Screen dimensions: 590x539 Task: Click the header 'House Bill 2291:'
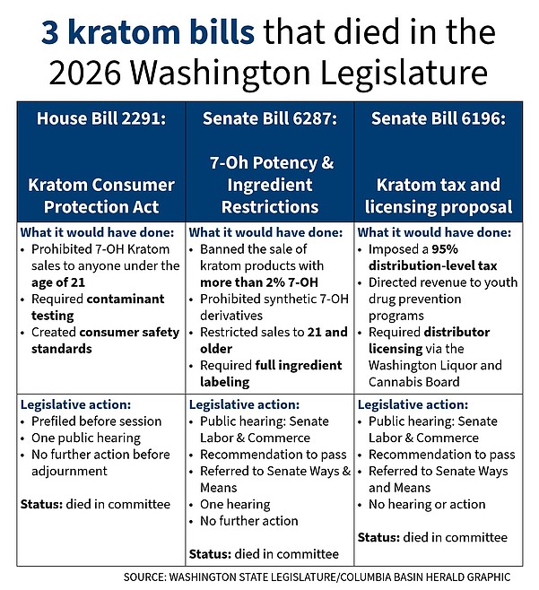pyautogui.click(x=100, y=119)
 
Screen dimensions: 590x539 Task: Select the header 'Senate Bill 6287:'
pyautogui.click(x=270, y=119)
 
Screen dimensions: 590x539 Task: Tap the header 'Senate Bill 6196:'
pyautogui.click(x=438, y=119)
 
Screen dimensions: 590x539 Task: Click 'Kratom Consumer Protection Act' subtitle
pyautogui.click(x=100, y=195)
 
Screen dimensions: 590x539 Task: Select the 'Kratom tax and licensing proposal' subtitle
pyautogui.click(x=438, y=195)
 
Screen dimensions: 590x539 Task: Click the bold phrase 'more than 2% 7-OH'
pyautogui.click(x=259, y=282)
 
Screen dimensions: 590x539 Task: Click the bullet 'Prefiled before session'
pyautogui.click(x=95, y=421)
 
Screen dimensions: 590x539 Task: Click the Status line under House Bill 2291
pyautogui.click(x=95, y=504)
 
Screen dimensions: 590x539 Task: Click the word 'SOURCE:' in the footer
pyautogui.click(x=148, y=577)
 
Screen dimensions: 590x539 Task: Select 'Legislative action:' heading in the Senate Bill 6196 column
pyautogui.click(x=413, y=404)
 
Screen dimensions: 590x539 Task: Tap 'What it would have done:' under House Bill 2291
pyautogui.click(x=90, y=231)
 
